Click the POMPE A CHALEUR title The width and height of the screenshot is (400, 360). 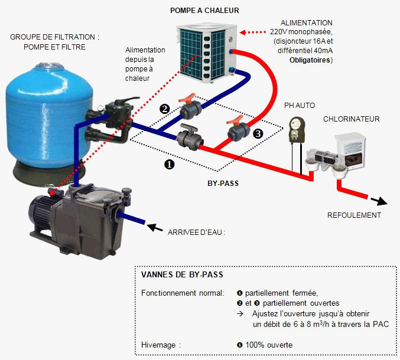tap(204, 11)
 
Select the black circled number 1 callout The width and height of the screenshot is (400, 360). tap(170, 164)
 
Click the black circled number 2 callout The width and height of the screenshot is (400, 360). tap(164, 109)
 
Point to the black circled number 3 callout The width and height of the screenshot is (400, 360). tap(258, 133)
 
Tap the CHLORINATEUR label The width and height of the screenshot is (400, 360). tap(352, 119)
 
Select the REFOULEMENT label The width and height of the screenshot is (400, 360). tap(354, 215)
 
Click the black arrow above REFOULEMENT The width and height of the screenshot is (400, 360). tap(379, 201)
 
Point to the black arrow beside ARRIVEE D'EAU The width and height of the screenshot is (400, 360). tap(155, 228)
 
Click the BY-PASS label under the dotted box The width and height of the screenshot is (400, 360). tap(223, 184)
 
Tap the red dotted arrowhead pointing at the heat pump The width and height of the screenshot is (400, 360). tap(243, 32)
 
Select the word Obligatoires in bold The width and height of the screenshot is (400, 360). tap(310, 60)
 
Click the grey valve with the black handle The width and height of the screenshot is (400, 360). tap(190, 137)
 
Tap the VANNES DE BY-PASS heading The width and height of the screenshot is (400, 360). tap(182, 274)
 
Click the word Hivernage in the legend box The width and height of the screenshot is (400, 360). tap(158, 345)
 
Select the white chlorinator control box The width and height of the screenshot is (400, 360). tap(350, 150)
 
